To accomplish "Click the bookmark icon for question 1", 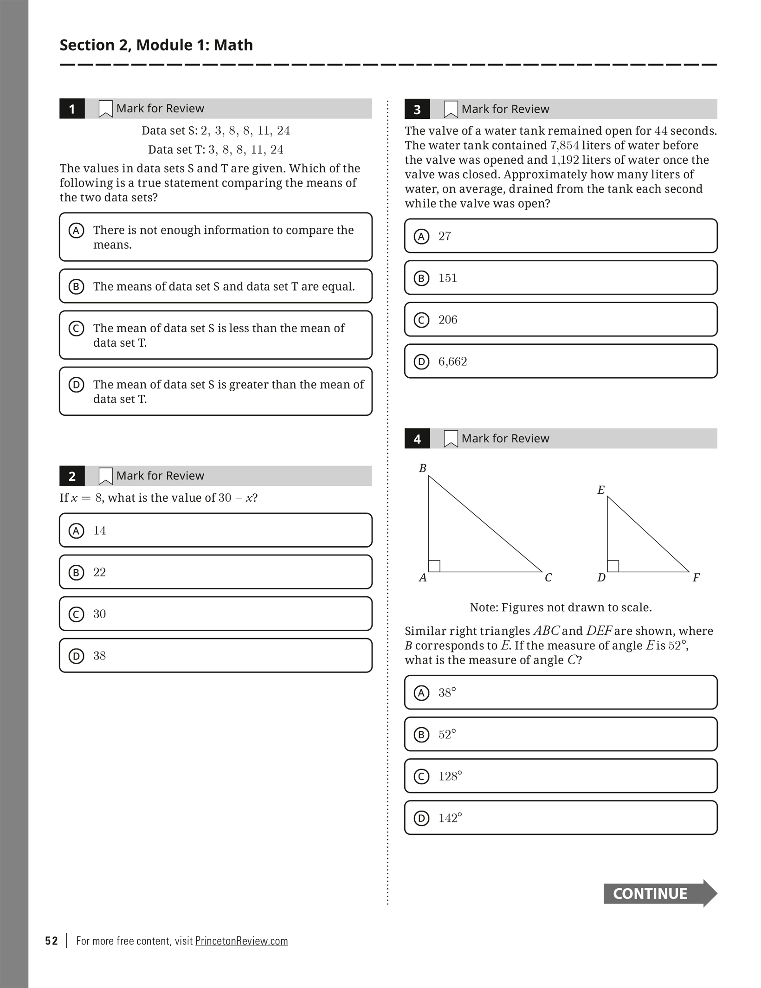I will pyautogui.click(x=105, y=109).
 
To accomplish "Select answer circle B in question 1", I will pyautogui.click(x=76, y=286).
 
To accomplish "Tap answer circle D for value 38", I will pyautogui.click(x=76, y=656).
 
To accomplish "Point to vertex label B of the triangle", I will pyautogui.click(x=423, y=469).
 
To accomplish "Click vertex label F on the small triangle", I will pyautogui.click(x=696, y=578).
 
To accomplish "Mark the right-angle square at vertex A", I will pyautogui.click(x=434, y=566).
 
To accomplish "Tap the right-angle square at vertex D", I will pyautogui.click(x=613, y=566).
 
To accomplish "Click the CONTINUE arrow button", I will pyautogui.click(x=659, y=893).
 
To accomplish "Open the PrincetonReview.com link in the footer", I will pyautogui.click(x=241, y=941).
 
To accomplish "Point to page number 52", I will pyautogui.click(x=52, y=941).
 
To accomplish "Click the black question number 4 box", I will pyautogui.click(x=417, y=439).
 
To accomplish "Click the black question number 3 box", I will pyautogui.click(x=417, y=109).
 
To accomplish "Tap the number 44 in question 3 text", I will pyautogui.click(x=661, y=131).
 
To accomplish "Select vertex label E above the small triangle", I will pyautogui.click(x=601, y=490).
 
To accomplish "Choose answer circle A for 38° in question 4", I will pyautogui.click(x=421, y=693).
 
